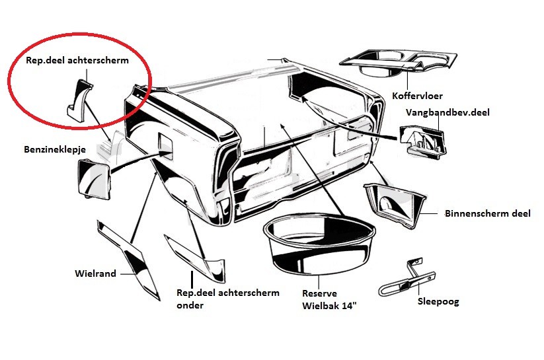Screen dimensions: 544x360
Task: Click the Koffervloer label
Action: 417,96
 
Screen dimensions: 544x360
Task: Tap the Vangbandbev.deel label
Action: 447,112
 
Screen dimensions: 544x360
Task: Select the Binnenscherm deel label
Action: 487,213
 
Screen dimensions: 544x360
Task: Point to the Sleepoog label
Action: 438,301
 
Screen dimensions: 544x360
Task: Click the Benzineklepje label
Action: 55,149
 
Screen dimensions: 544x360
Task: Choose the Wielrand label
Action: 95,273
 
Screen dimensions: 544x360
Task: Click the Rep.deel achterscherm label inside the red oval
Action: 77,60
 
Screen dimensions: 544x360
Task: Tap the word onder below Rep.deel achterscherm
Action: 190,305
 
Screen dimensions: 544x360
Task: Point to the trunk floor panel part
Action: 399,64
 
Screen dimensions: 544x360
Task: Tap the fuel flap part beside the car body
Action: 94,179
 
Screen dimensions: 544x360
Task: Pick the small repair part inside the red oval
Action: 79,98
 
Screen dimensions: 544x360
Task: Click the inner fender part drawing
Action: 395,205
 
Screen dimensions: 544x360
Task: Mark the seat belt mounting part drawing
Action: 423,140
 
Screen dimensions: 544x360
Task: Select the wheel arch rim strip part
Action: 128,260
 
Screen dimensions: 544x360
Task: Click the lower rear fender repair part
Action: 195,258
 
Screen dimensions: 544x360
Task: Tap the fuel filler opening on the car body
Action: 165,146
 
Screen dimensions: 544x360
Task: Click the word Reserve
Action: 319,293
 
